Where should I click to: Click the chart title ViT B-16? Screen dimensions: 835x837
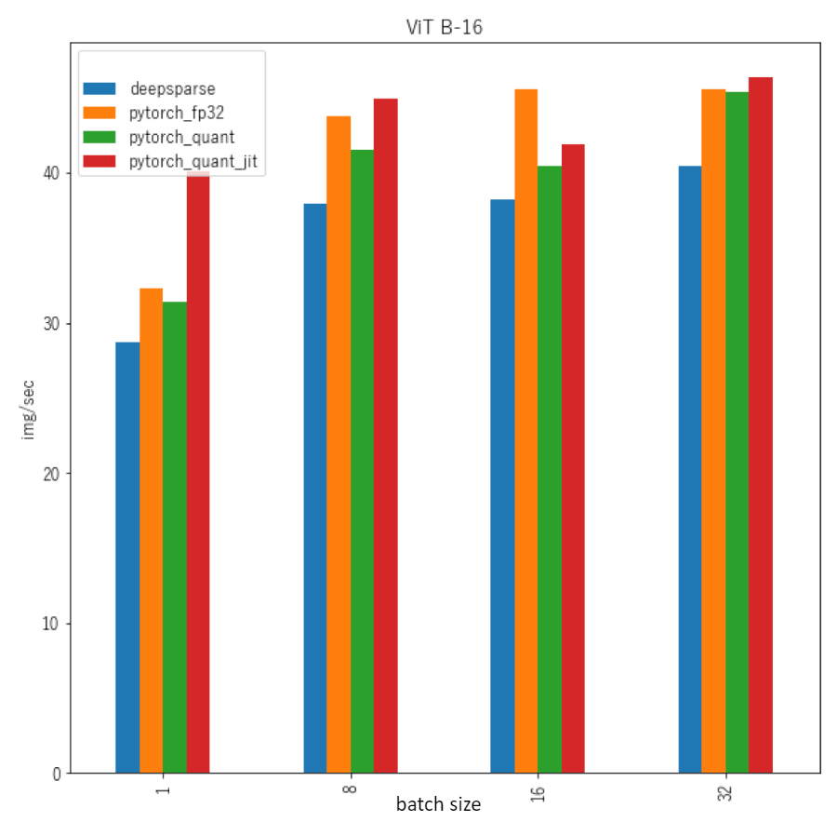tap(444, 27)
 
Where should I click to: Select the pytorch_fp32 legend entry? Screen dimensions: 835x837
tap(177, 114)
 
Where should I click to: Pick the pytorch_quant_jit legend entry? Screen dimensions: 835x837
tap(193, 162)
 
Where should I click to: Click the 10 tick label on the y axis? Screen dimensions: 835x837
tap(51, 624)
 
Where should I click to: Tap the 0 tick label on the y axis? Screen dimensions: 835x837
tap(56, 774)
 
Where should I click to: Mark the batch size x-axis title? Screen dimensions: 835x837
tap(438, 804)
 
